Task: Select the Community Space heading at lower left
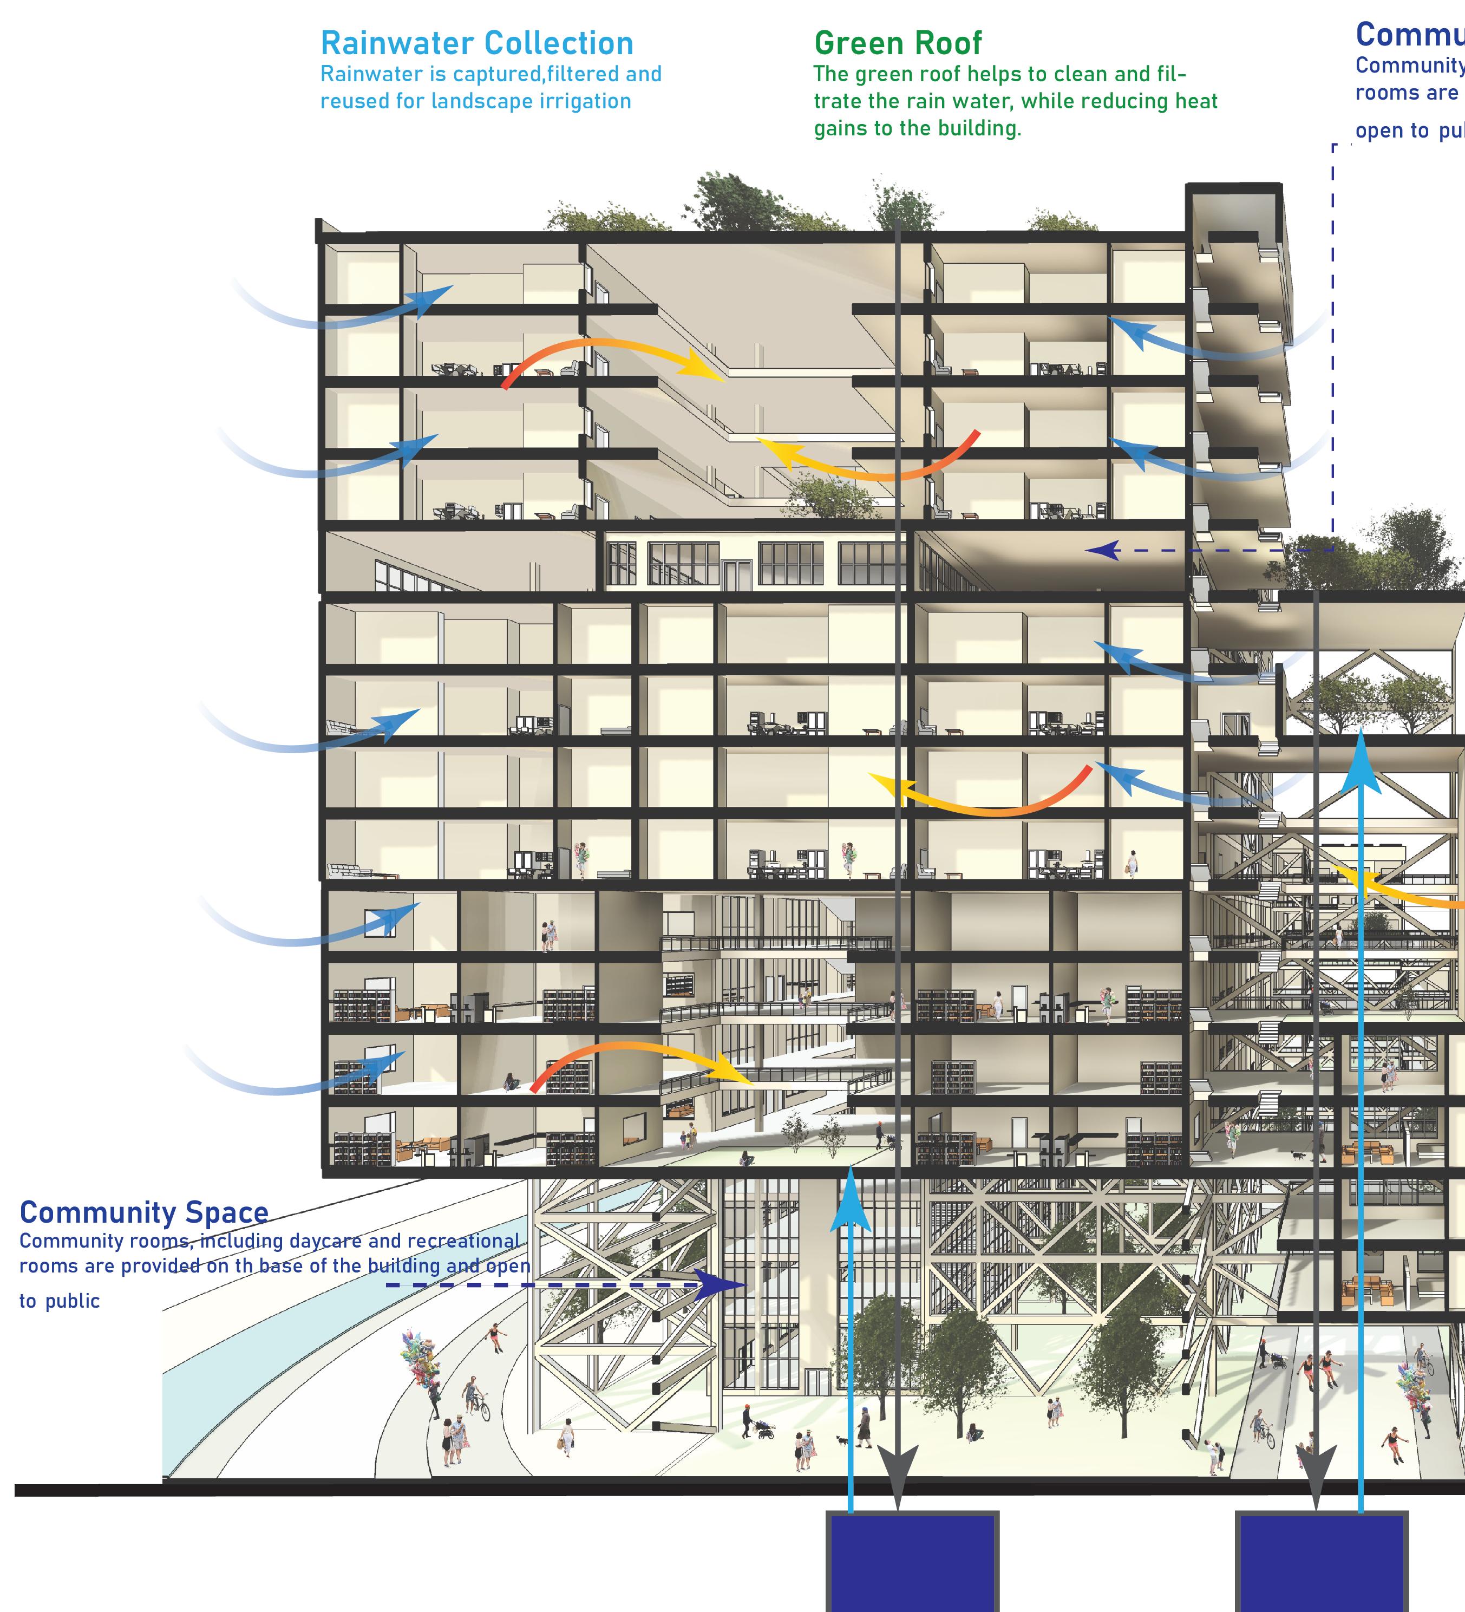point(144,1212)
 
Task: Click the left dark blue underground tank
point(912,1564)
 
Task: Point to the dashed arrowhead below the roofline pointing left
point(1101,550)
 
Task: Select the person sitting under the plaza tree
point(974,1432)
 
